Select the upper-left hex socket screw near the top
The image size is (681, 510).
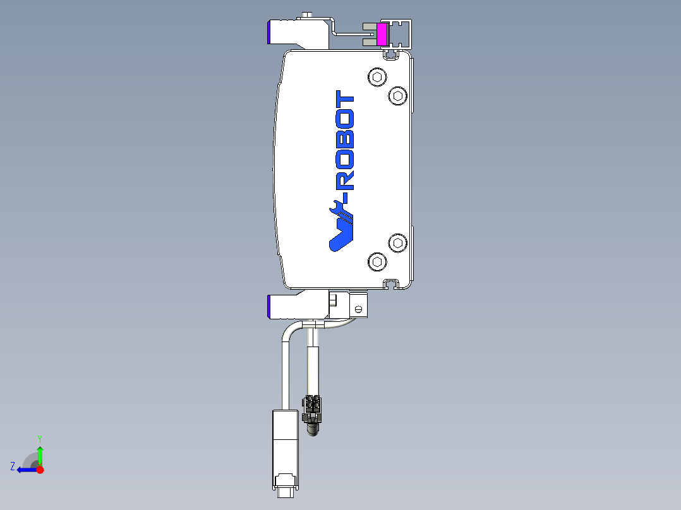[377, 78]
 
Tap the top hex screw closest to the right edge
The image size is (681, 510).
[397, 95]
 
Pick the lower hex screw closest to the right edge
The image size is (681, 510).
[397, 242]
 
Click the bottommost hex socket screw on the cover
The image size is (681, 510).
[377, 261]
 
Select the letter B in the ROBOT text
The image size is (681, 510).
[345, 141]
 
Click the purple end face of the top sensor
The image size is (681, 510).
[270, 32]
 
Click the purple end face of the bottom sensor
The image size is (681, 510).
[270, 307]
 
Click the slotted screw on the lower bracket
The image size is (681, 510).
[358, 309]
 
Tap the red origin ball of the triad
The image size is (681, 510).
[40, 470]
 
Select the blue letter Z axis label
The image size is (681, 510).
[13, 466]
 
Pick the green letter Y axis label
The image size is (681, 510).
[39, 438]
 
